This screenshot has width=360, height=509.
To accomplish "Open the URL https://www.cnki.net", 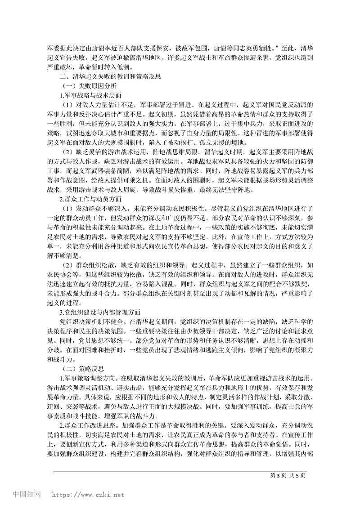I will click(88, 495).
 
